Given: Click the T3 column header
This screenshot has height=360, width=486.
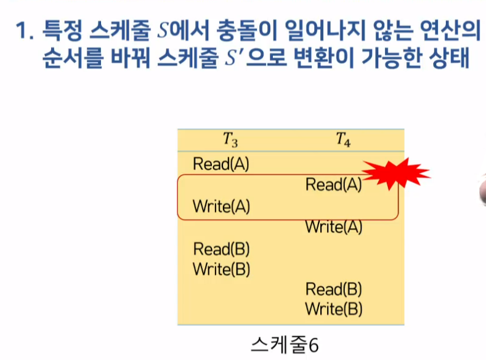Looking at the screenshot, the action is pos(230,141).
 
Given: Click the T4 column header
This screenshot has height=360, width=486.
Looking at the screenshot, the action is pos(343,141).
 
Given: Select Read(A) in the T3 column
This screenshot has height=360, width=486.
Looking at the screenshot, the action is pos(221,164).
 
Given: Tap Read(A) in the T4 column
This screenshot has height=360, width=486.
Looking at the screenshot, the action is pos(333,185).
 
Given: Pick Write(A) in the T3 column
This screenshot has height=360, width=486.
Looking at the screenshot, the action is pos(221,206).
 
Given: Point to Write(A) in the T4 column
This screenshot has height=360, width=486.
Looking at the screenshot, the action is pos(333,227).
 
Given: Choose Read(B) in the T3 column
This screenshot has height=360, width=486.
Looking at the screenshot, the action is pos(221,249).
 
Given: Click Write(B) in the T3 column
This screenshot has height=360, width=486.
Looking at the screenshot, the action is pos(221,269).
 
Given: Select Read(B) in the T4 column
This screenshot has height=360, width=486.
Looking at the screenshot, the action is pos(333,289).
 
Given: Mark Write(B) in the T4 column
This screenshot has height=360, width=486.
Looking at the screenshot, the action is pos(333,308).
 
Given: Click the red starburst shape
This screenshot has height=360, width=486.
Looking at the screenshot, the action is pos(395,172).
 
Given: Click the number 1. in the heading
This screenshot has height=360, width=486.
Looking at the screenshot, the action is pos(25,30).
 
